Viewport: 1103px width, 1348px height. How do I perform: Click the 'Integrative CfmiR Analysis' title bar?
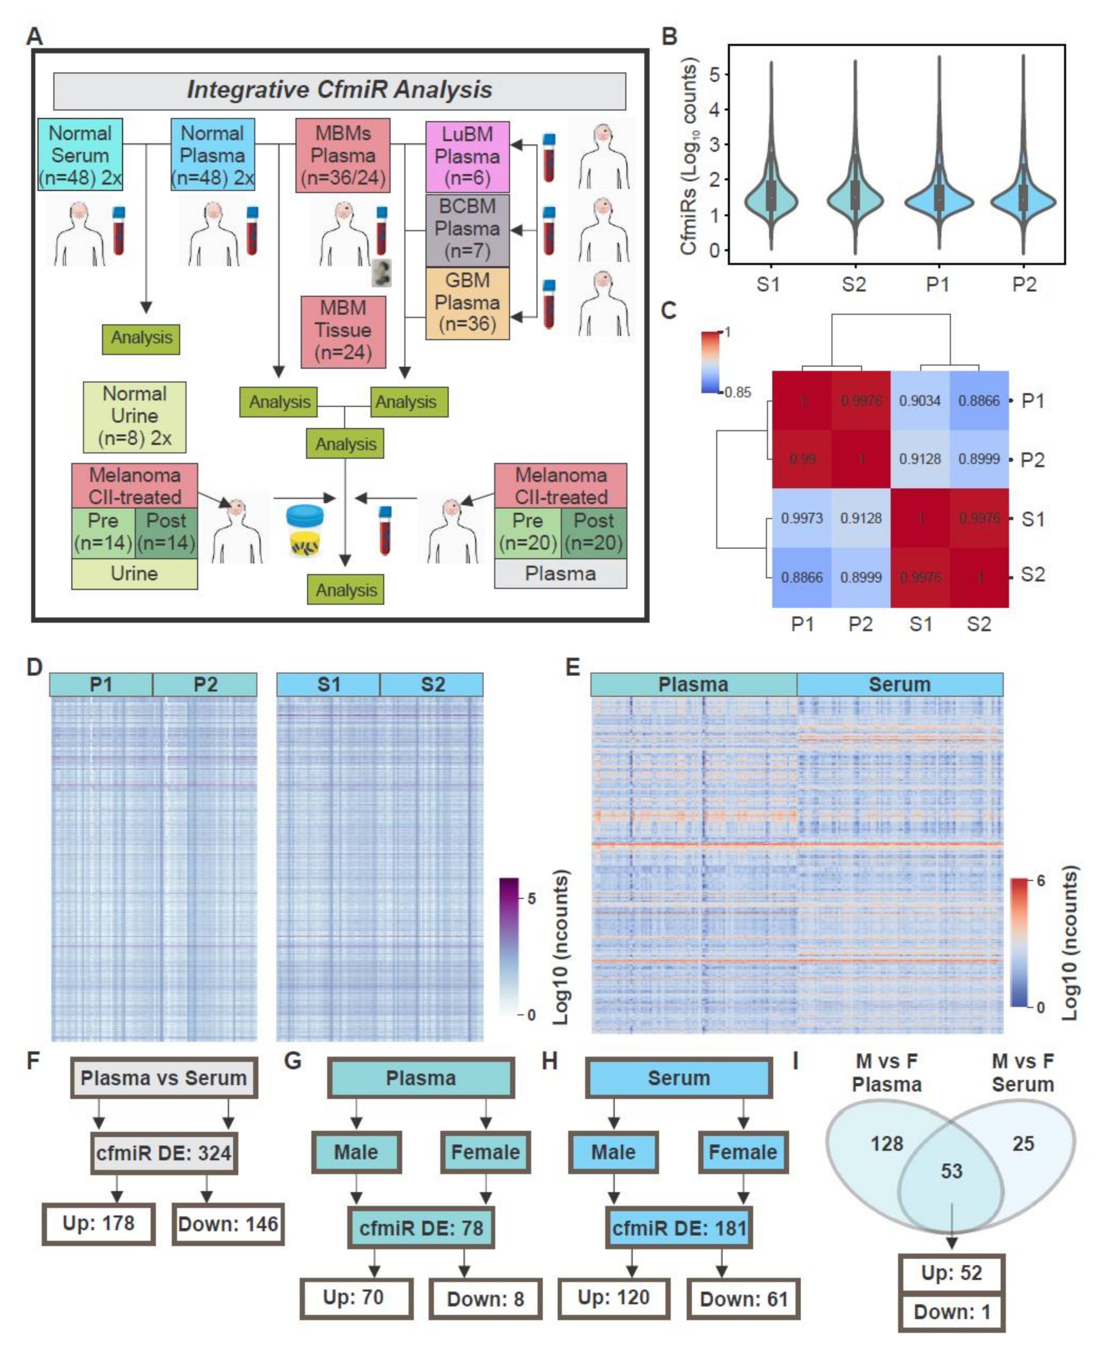pyautogui.click(x=339, y=90)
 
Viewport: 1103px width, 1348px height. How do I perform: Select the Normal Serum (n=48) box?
pyautogui.click(x=80, y=154)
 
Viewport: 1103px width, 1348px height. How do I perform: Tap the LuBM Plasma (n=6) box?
pyautogui.click(x=467, y=156)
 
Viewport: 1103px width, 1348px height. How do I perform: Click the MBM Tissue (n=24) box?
pyautogui.click(x=343, y=331)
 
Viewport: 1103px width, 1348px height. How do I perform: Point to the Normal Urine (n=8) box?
pyautogui.click(x=135, y=416)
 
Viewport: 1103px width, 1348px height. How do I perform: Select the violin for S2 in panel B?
pyautogui.click(x=854, y=197)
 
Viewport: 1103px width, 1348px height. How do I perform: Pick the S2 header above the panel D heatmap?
pyautogui.click(x=432, y=685)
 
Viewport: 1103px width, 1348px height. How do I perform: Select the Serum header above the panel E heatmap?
pyautogui.click(x=900, y=685)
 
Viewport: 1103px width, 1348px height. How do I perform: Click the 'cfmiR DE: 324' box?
pyautogui.click(x=164, y=1153)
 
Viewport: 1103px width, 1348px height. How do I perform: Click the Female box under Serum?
pyautogui.click(x=743, y=1152)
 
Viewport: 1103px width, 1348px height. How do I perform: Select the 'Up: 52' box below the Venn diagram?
pyautogui.click(x=951, y=1273)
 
